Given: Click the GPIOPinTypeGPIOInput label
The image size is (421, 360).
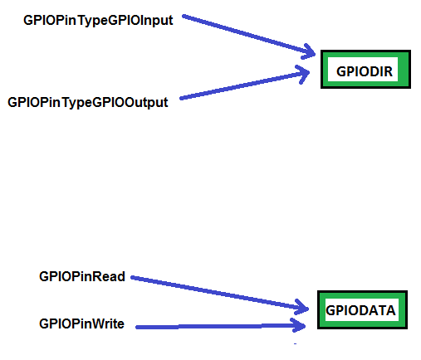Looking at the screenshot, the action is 98,21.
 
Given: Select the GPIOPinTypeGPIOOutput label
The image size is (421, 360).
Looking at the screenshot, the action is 88,103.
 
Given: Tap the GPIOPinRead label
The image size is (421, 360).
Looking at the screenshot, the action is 82,276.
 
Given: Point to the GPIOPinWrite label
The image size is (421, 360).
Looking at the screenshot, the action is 81,324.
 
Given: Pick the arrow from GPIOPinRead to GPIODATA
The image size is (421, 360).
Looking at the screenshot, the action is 219,293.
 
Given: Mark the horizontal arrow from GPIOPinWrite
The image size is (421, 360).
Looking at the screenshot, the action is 221,327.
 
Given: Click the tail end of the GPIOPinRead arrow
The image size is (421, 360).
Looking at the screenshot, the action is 131,277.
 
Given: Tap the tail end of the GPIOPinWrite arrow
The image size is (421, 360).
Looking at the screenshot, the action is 136,327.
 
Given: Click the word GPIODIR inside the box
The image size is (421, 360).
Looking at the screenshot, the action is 365,71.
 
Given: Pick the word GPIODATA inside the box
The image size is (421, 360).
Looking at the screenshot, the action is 360,310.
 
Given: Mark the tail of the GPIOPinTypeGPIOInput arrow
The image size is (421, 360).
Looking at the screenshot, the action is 183,16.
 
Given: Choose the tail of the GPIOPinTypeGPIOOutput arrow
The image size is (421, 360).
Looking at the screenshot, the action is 181,98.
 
